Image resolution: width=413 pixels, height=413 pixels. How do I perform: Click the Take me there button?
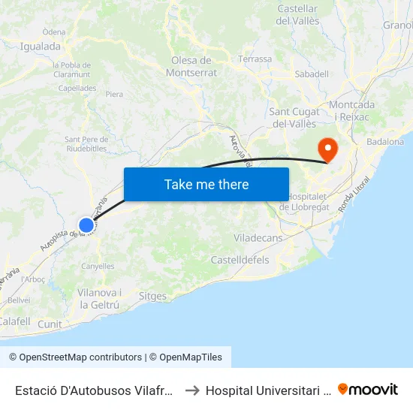click(x=206, y=184)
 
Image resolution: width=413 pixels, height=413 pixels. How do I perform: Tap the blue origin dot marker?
click(x=86, y=225)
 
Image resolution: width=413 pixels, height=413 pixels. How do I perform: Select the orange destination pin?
click(x=327, y=148)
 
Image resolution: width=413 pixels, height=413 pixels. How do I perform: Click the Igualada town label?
click(x=41, y=47)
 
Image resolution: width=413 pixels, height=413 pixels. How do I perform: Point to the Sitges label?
click(x=152, y=297)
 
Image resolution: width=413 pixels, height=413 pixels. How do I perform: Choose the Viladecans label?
click(x=258, y=238)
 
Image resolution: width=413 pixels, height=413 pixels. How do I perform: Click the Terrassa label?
click(x=255, y=59)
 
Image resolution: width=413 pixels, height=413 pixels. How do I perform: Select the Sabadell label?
click(x=312, y=74)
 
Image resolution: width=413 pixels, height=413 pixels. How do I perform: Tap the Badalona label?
click(x=385, y=141)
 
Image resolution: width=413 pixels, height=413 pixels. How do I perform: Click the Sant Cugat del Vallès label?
click(x=294, y=118)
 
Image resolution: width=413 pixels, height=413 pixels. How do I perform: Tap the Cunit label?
click(x=50, y=324)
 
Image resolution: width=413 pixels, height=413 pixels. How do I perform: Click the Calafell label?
click(x=14, y=321)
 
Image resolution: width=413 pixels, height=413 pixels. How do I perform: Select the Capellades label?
click(x=78, y=88)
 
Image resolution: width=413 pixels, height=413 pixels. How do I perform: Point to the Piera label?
click(x=114, y=95)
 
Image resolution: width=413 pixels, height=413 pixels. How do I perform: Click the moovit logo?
click(x=368, y=389)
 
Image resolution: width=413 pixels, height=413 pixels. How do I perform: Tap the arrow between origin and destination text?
click(x=191, y=390)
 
